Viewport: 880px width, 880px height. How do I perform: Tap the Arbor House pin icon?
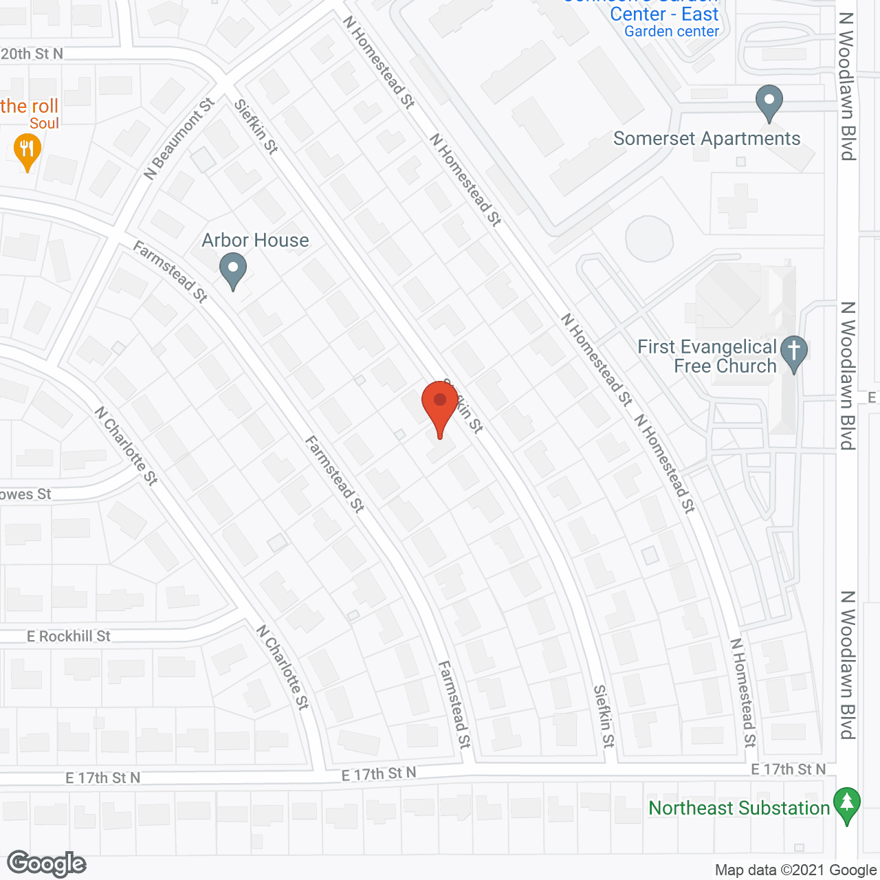233,269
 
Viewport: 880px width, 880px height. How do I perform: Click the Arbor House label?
255,240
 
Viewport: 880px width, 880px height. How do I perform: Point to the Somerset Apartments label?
707,139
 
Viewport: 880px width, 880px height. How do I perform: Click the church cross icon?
794,353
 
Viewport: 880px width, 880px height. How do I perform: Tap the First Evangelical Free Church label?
707,356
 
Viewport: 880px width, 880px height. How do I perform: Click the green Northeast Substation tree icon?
847,804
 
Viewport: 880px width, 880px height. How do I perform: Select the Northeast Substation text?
739,808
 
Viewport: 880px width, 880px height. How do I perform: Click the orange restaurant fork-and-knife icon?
27,151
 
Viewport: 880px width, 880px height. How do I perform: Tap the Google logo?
47,863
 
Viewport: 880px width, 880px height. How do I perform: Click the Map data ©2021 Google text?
795,870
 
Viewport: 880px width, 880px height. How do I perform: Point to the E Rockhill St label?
69,637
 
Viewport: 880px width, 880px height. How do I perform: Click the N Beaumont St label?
179,139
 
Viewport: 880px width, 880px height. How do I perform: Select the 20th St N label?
32,54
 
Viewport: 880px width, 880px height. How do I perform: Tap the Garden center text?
672,32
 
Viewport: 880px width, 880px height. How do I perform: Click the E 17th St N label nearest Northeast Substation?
788,769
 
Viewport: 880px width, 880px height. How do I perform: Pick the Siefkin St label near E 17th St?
604,716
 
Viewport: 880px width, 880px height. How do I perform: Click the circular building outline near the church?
649,238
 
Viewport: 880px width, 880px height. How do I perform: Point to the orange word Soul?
44,124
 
